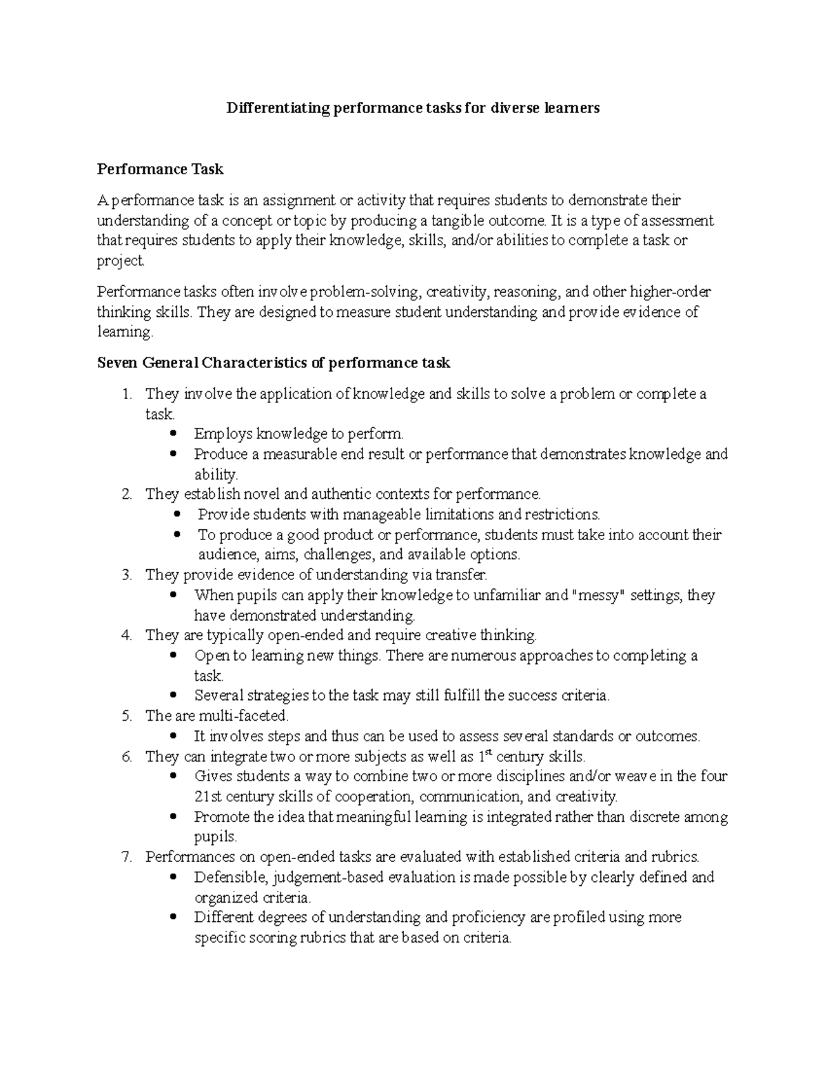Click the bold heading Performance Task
point(160,169)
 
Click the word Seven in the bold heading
point(117,362)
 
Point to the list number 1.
point(125,394)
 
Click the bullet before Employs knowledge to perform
point(173,434)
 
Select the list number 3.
point(126,575)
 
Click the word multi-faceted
point(243,716)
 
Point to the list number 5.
point(126,716)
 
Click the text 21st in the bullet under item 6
point(207,797)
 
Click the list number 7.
point(126,857)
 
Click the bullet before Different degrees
point(173,918)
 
